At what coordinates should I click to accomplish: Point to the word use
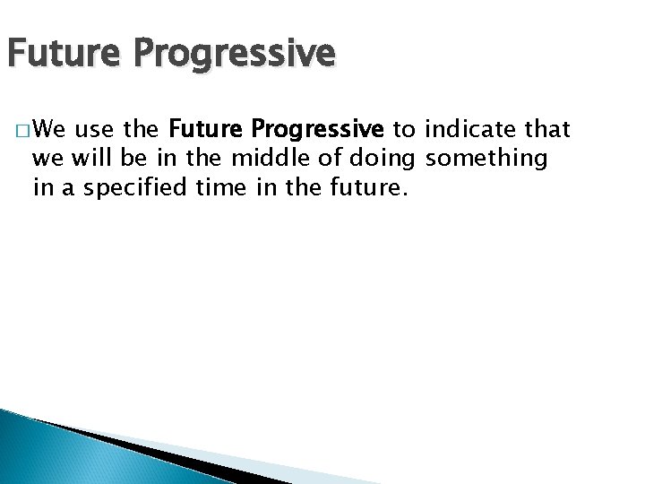point(95,131)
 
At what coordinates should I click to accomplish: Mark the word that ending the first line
point(548,131)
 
